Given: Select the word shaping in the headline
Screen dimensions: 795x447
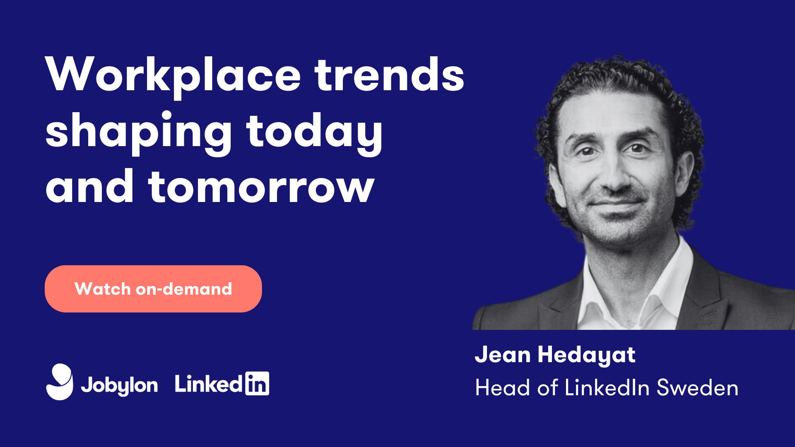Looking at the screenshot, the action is pyautogui.click(x=139, y=132).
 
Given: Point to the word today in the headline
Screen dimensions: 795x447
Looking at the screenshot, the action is pyautogui.click(x=315, y=132).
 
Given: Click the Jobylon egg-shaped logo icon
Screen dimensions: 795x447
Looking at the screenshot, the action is pyautogui.click(x=60, y=382).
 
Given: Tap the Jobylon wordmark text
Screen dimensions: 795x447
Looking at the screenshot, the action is pyautogui.click(x=119, y=385).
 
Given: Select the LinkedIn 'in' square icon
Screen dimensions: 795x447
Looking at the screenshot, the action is pyautogui.click(x=257, y=383).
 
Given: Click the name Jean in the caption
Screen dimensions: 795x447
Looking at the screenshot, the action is pyautogui.click(x=503, y=355).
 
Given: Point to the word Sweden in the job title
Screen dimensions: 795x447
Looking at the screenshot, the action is pyautogui.click(x=697, y=388).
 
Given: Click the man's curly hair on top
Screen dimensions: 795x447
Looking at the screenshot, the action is pyautogui.click(x=617, y=79).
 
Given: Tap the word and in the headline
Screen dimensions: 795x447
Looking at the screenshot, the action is pyautogui.click(x=89, y=186).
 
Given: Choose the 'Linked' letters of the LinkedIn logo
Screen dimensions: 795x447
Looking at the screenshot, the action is pyautogui.click(x=208, y=384).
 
